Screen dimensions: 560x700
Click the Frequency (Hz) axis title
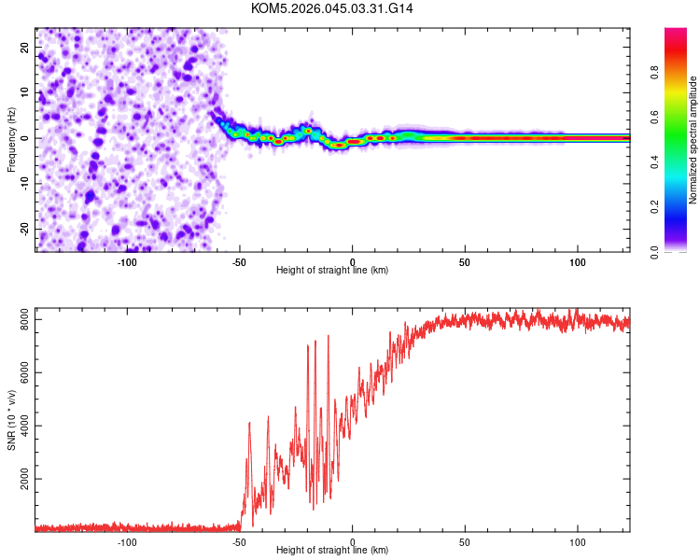pyautogui.click(x=11, y=139)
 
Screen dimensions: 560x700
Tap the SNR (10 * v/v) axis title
pyautogui.click(x=11, y=420)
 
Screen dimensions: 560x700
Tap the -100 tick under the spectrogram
pyautogui.click(x=127, y=261)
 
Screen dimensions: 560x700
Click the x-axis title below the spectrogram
pyautogui.click(x=332, y=271)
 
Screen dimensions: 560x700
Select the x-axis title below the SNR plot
pyautogui.click(x=332, y=551)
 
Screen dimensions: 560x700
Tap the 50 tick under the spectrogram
pyautogui.click(x=465, y=261)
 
